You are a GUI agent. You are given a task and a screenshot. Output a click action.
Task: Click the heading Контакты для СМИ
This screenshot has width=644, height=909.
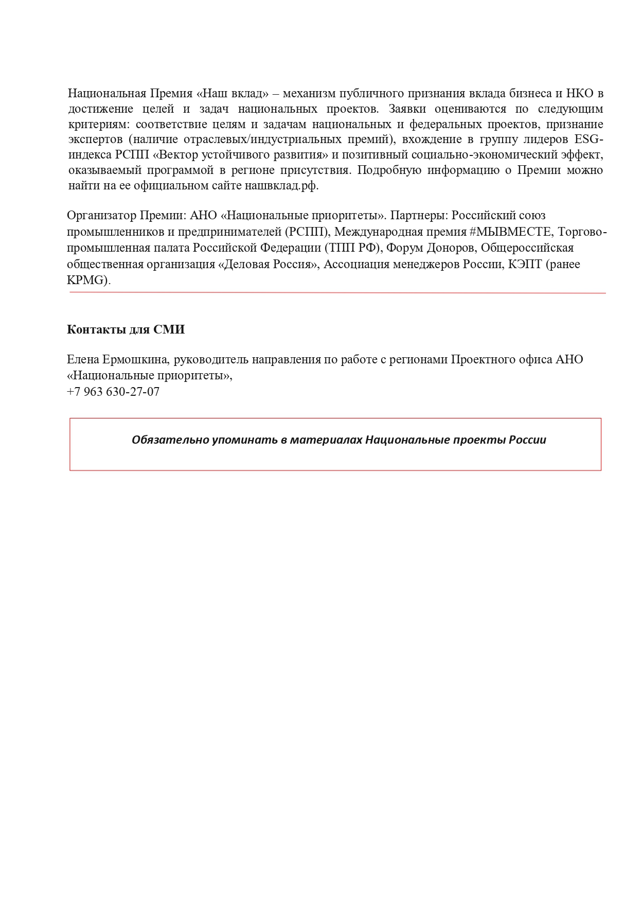(126, 329)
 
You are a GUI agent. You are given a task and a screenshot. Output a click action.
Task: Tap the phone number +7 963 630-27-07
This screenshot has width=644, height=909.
(113, 392)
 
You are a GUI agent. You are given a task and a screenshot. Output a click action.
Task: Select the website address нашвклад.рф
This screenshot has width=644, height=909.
(281, 186)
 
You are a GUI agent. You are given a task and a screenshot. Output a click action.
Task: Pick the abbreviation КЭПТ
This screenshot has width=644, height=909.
(525, 265)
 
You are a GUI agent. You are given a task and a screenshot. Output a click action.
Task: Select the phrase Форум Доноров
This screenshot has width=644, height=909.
(431, 248)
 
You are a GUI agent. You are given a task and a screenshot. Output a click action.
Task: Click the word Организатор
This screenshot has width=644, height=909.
(101, 215)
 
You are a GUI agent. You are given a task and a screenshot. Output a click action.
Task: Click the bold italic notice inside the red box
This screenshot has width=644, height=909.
(338, 440)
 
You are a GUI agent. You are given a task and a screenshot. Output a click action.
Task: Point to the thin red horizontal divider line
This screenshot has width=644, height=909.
(337, 293)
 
